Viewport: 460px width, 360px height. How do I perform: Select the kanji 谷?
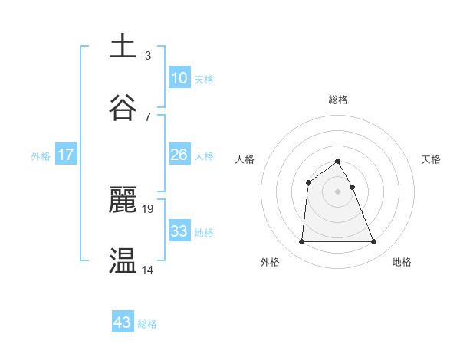point(123,108)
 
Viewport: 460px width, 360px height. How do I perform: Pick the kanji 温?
point(123,261)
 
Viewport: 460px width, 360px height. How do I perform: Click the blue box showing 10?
point(179,78)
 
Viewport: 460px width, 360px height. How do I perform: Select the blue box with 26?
point(179,155)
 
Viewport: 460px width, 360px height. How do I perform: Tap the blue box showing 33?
point(179,231)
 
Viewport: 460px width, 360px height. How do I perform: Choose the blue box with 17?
point(66,155)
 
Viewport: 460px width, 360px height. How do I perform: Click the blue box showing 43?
point(123,322)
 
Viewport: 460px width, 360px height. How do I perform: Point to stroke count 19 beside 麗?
point(148,208)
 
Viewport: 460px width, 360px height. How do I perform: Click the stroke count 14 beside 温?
point(148,269)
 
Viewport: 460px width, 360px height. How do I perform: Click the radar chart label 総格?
point(338,100)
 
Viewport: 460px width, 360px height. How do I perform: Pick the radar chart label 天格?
point(432,159)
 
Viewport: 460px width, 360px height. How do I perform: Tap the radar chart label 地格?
point(402,262)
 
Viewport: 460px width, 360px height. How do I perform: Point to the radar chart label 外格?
point(270,262)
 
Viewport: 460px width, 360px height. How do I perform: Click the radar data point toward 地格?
point(374,242)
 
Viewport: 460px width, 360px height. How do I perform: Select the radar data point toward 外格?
point(301,242)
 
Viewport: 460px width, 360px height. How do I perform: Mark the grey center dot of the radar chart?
point(338,191)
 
